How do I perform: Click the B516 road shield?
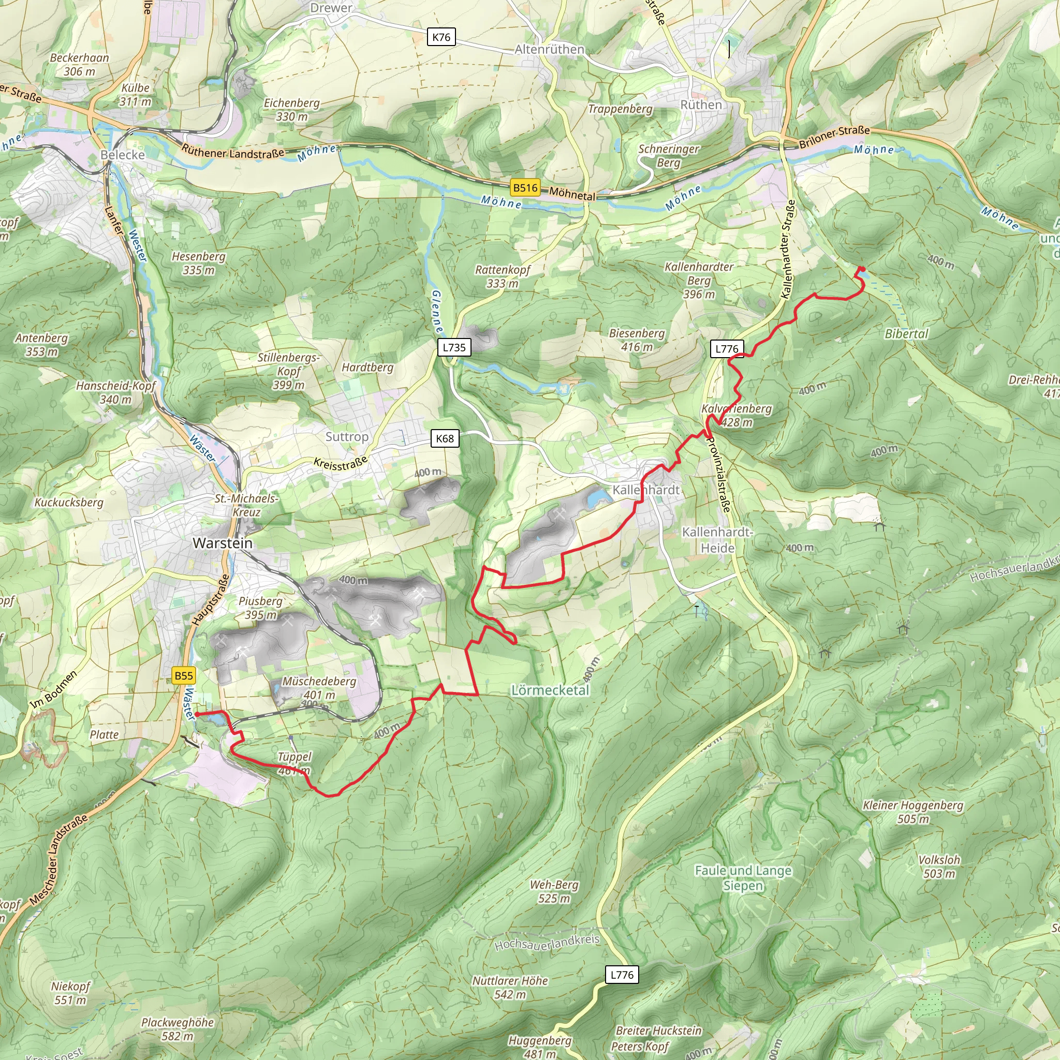525,188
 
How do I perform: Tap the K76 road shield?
441,37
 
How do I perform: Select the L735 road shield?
454,347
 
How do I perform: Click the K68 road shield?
445,438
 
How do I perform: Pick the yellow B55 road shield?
184,675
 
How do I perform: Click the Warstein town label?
223,543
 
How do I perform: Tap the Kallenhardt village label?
646,490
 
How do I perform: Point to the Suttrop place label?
347,437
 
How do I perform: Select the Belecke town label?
122,155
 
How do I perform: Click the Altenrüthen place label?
549,49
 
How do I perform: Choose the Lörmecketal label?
550,690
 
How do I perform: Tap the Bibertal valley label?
906,334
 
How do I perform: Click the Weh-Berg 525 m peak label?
554,892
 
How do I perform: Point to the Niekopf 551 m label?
70,993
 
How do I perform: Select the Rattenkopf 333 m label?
503,276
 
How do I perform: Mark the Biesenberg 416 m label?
637,340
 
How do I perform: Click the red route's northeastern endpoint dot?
862,269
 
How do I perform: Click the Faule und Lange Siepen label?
743,878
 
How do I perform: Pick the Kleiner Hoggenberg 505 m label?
913,812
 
